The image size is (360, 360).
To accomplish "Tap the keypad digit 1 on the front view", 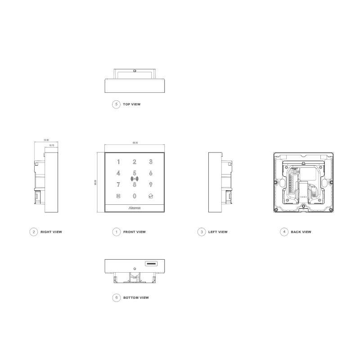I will (x=119, y=162).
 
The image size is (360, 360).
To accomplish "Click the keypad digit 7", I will (x=118, y=184).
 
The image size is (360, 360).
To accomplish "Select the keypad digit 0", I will (x=134, y=196).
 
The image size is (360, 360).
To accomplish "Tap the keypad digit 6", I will (x=151, y=173).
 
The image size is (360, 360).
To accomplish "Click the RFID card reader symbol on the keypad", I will (x=134, y=179).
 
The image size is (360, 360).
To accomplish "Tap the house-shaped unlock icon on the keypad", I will (x=151, y=196).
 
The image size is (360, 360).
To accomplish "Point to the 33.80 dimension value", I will (x=46, y=140).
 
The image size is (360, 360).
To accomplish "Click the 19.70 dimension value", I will (x=51, y=145).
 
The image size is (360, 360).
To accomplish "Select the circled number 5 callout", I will (x=116, y=104).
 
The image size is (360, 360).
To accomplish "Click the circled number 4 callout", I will (x=283, y=232).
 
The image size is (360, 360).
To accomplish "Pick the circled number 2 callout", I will (x=33, y=232).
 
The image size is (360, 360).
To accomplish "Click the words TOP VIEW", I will (x=131, y=104).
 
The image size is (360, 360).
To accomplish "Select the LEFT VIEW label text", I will (x=218, y=232).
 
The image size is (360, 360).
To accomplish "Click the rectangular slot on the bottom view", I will (x=150, y=263).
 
